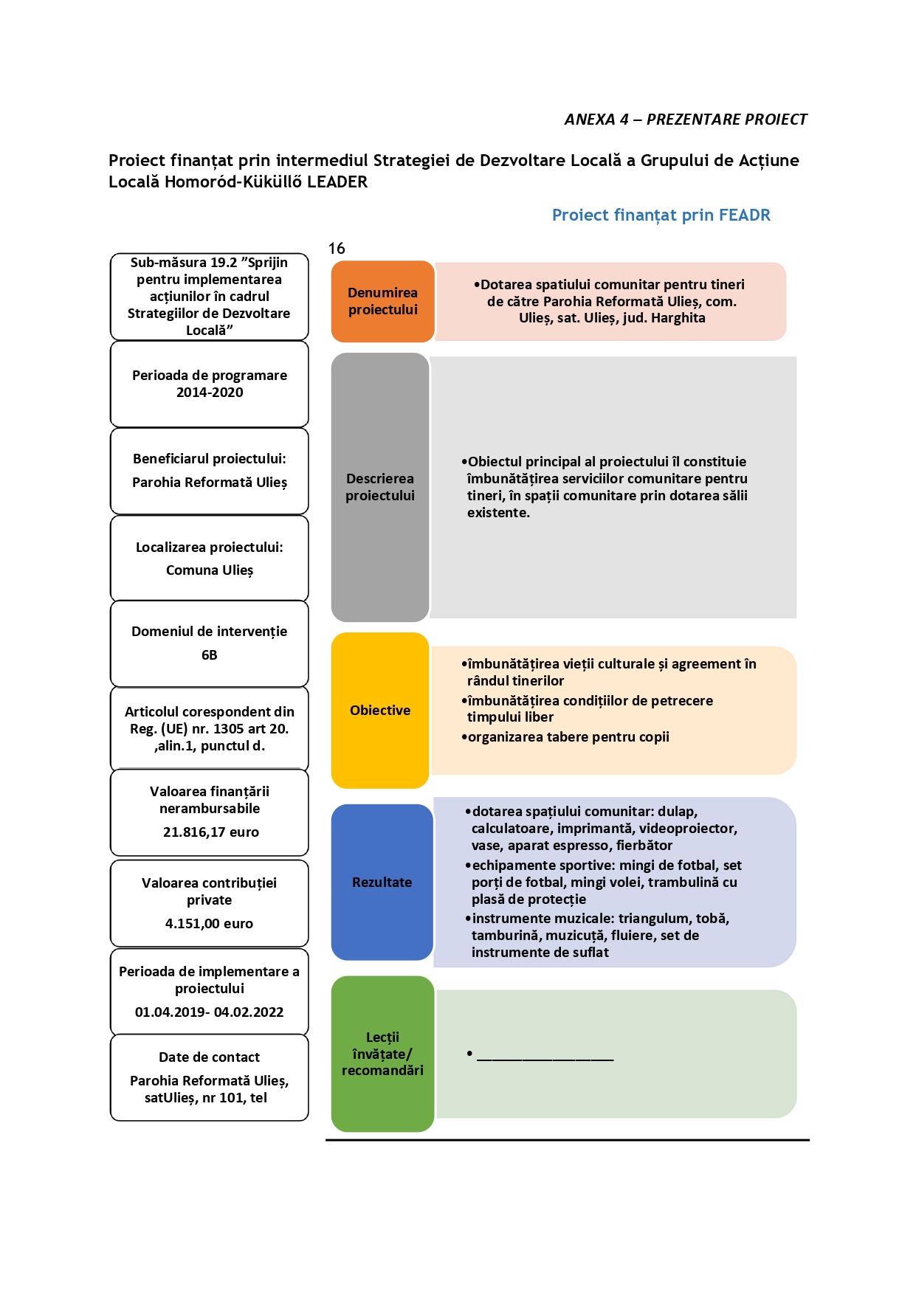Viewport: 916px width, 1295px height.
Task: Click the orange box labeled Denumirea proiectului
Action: tap(382, 301)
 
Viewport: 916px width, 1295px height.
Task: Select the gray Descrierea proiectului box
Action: tap(380, 487)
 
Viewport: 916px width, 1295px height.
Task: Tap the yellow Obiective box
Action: tap(380, 710)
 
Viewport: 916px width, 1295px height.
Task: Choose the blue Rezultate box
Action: tap(382, 882)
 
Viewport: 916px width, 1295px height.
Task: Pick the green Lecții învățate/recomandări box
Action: tap(382, 1054)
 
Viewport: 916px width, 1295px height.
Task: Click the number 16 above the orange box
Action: tap(337, 249)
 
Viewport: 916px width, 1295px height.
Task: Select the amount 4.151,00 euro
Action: tap(209, 924)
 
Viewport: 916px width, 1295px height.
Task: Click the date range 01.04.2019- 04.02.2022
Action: tap(209, 1012)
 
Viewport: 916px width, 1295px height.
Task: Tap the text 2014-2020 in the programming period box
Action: tap(210, 393)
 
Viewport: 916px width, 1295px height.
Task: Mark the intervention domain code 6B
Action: tap(210, 655)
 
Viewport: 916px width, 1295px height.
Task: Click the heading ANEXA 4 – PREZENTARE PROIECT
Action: tap(686, 120)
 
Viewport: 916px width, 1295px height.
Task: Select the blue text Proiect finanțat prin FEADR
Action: tap(661, 215)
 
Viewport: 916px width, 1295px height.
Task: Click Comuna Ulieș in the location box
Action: tap(210, 570)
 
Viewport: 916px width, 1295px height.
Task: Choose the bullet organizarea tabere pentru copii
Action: tap(565, 737)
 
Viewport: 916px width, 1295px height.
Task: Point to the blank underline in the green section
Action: tap(545, 1060)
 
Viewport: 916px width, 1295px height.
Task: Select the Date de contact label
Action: tap(210, 1057)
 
